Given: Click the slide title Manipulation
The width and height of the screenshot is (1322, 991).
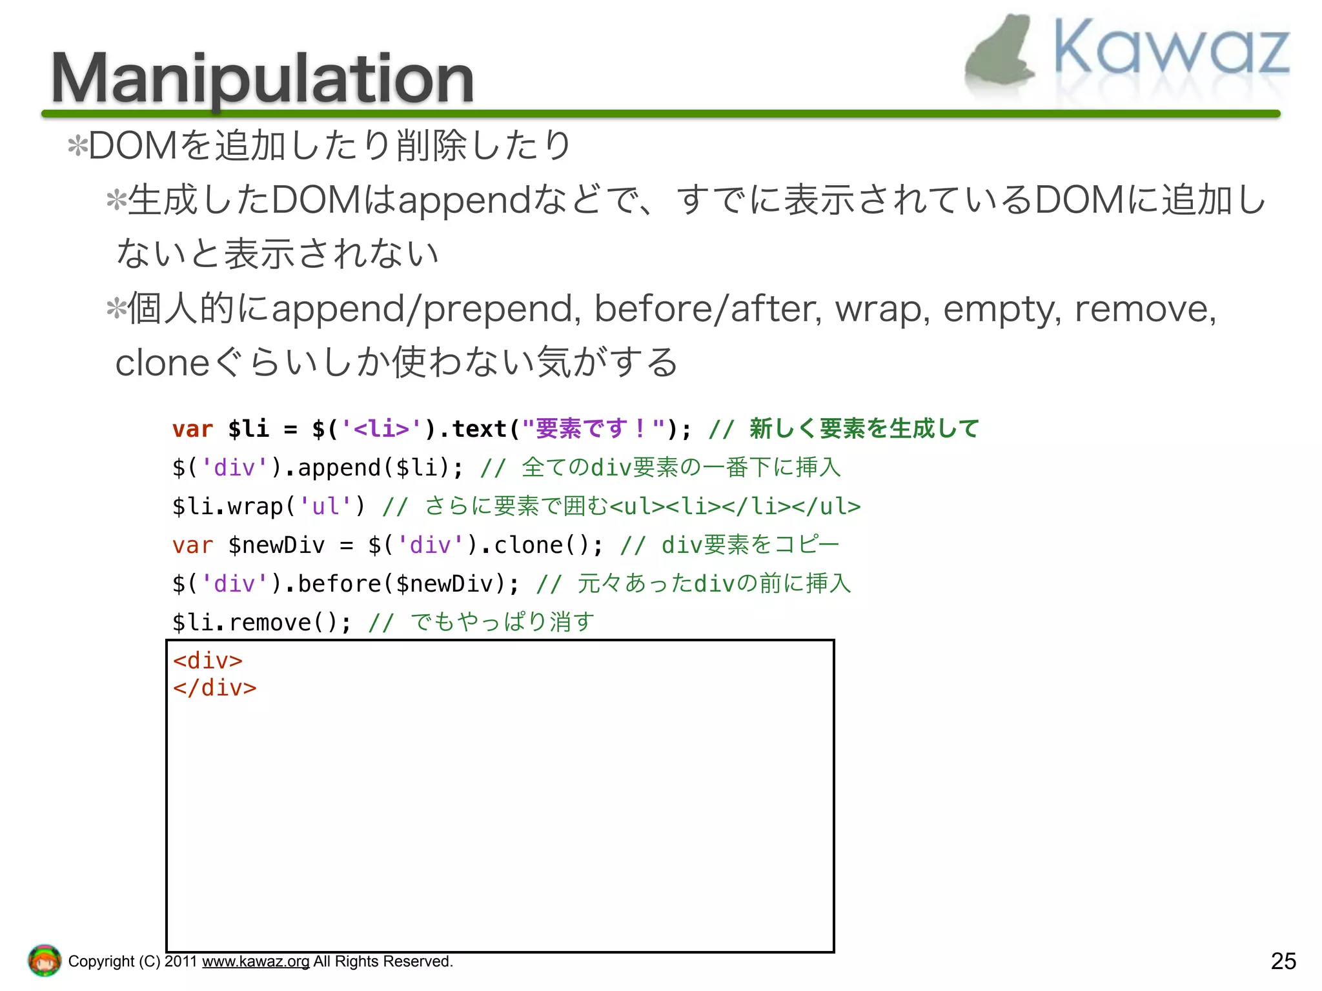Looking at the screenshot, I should [x=262, y=79].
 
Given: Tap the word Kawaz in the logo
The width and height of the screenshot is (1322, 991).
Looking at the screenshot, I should [x=1172, y=48].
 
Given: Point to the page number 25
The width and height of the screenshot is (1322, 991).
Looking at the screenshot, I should [x=1283, y=961].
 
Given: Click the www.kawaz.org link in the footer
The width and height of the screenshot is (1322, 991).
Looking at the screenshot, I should [x=256, y=961].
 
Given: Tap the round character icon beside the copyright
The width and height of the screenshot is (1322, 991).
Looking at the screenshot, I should [x=45, y=960].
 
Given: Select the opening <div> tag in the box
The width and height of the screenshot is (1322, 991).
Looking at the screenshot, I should [x=208, y=661].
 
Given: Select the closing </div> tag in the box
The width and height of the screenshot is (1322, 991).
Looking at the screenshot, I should [x=214, y=688].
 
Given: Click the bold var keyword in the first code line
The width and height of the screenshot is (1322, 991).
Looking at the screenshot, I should [x=192, y=429].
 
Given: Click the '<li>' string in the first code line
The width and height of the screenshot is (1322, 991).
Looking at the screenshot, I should [x=381, y=429].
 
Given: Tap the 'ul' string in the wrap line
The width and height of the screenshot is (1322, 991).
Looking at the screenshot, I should [x=325, y=506].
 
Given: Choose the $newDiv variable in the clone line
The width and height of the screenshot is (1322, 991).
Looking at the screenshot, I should [x=276, y=545].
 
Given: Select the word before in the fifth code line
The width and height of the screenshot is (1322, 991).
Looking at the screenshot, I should [x=339, y=584].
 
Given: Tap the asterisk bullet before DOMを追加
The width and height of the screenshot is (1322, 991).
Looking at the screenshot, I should [x=77, y=146].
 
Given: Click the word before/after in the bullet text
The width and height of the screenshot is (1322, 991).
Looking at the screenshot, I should [x=707, y=308].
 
